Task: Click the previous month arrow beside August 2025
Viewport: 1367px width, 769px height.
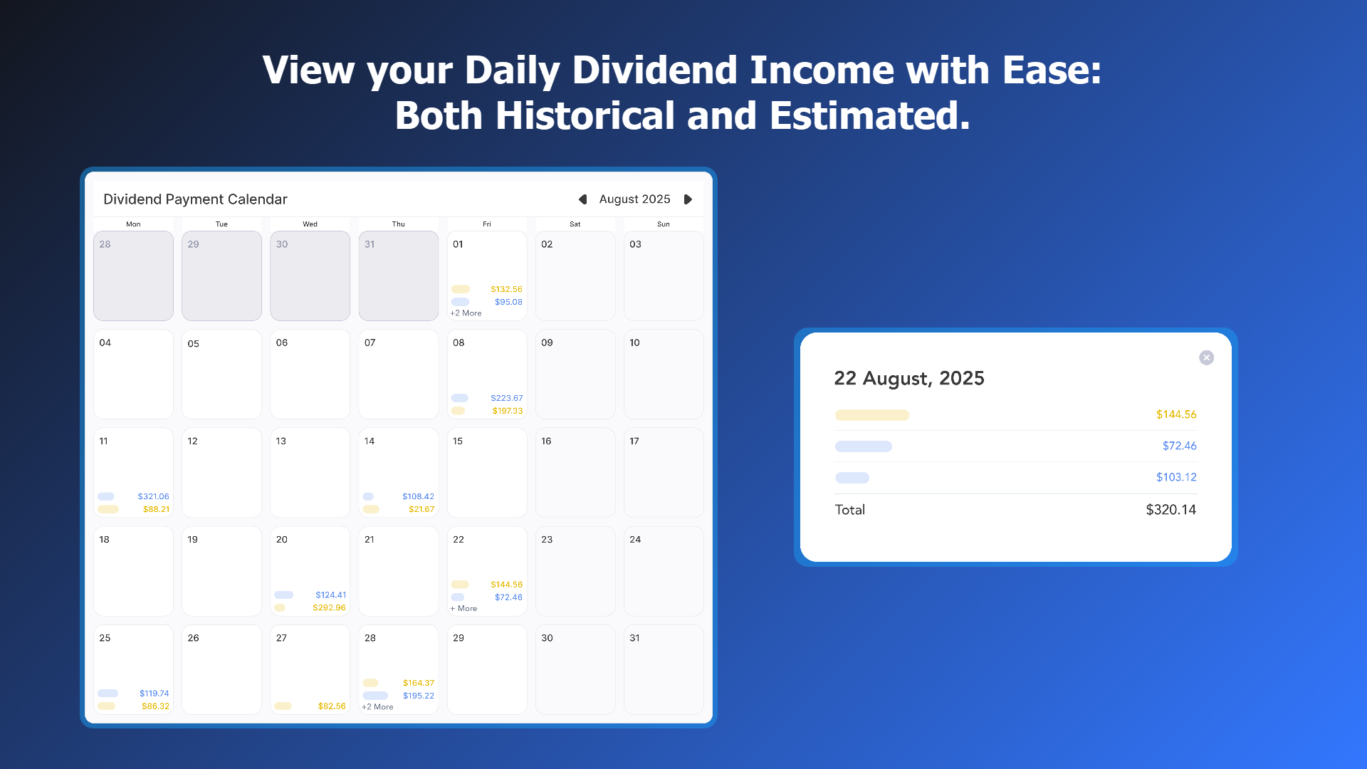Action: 582,199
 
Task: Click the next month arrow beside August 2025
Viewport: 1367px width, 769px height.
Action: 688,199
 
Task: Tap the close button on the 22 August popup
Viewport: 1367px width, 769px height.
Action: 1206,357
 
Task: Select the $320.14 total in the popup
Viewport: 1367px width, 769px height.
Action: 1170,510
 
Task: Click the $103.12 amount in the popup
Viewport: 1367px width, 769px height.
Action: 1176,477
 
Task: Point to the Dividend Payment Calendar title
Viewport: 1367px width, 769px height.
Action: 195,199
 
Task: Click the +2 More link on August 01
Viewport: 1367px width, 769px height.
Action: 466,313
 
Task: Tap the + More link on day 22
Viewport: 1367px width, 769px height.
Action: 463,609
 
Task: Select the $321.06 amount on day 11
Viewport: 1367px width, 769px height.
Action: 153,496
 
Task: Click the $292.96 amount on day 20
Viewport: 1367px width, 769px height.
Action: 329,608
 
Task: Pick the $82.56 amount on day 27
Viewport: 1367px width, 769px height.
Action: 332,706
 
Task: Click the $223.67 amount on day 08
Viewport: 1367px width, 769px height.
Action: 506,398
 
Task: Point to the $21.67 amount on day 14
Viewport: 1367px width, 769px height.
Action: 421,509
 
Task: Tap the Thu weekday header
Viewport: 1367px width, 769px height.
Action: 399,224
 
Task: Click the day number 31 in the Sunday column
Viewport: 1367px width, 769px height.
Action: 634,638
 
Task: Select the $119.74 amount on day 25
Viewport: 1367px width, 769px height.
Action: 154,694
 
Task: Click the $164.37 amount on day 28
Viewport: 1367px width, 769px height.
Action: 419,683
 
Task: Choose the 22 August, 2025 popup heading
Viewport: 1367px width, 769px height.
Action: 909,379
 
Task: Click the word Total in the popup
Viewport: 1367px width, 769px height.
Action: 850,510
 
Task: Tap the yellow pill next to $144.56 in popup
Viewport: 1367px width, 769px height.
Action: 872,415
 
